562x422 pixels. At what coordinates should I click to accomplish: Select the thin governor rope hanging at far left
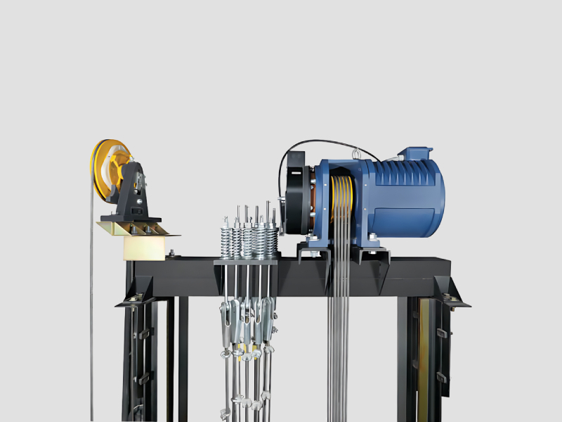[x=91, y=316]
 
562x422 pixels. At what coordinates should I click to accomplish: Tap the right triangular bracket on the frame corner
[x=450, y=291]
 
